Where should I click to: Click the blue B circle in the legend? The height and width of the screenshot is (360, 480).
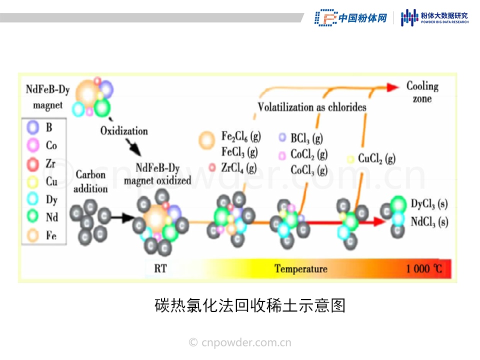point(33,127)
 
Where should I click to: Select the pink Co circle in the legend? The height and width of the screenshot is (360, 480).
point(33,145)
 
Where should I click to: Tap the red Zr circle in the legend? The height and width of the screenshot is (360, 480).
point(33,163)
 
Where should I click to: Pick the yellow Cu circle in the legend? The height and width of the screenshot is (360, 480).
point(33,181)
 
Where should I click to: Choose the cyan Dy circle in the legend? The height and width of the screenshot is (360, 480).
point(33,199)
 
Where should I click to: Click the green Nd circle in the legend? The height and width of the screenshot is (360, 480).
point(33,217)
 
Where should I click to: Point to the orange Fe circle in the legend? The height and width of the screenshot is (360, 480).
point(33,234)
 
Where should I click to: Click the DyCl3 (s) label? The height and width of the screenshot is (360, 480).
point(429,204)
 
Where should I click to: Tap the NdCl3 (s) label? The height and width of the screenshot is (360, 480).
point(429,220)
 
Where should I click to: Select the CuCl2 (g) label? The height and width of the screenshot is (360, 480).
point(376,159)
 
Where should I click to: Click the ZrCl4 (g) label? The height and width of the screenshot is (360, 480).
point(239,167)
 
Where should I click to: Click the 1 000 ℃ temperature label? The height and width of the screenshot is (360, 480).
point(424,269)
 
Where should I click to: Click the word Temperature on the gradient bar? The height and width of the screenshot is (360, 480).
point(300,269)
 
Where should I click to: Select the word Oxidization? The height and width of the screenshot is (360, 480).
point(124,131)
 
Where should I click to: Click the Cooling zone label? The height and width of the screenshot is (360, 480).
point(422,92)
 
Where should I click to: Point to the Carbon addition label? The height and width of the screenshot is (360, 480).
point(90,181)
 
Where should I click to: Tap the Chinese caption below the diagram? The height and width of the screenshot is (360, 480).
point(250,305)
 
